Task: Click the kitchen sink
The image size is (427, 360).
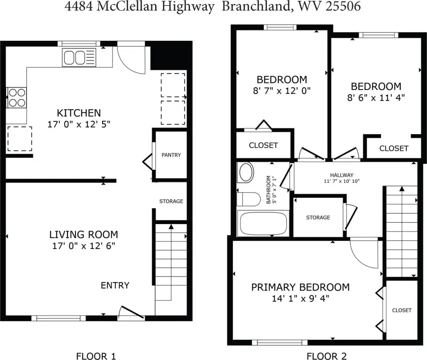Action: coord(79,57)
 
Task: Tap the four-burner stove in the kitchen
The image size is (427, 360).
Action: coord(16,97)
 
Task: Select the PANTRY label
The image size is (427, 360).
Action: coord(171,155)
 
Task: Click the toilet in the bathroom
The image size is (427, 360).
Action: coord(248,199)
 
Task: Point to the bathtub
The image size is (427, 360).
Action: coord(263,223)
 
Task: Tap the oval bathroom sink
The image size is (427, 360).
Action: coord(246,172)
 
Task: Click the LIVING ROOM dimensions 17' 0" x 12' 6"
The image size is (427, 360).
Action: coord(84,246)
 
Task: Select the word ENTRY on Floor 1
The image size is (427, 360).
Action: coord(115,285)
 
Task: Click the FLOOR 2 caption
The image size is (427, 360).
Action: coord(327,356)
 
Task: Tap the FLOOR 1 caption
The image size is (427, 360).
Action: coord(96,356)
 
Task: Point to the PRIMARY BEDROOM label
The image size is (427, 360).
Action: coord(300,287)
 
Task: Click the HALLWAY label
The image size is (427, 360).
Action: coord(342,175)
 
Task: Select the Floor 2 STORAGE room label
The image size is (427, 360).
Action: coord(318,217)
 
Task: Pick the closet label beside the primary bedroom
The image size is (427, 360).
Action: coord(402,310)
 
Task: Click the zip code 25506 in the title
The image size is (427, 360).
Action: coord(343,6)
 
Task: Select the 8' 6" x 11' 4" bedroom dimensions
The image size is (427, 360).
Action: coord(376,97)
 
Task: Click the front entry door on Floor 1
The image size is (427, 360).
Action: coord(132,312)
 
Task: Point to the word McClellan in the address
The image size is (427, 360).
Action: coord(127,6)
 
